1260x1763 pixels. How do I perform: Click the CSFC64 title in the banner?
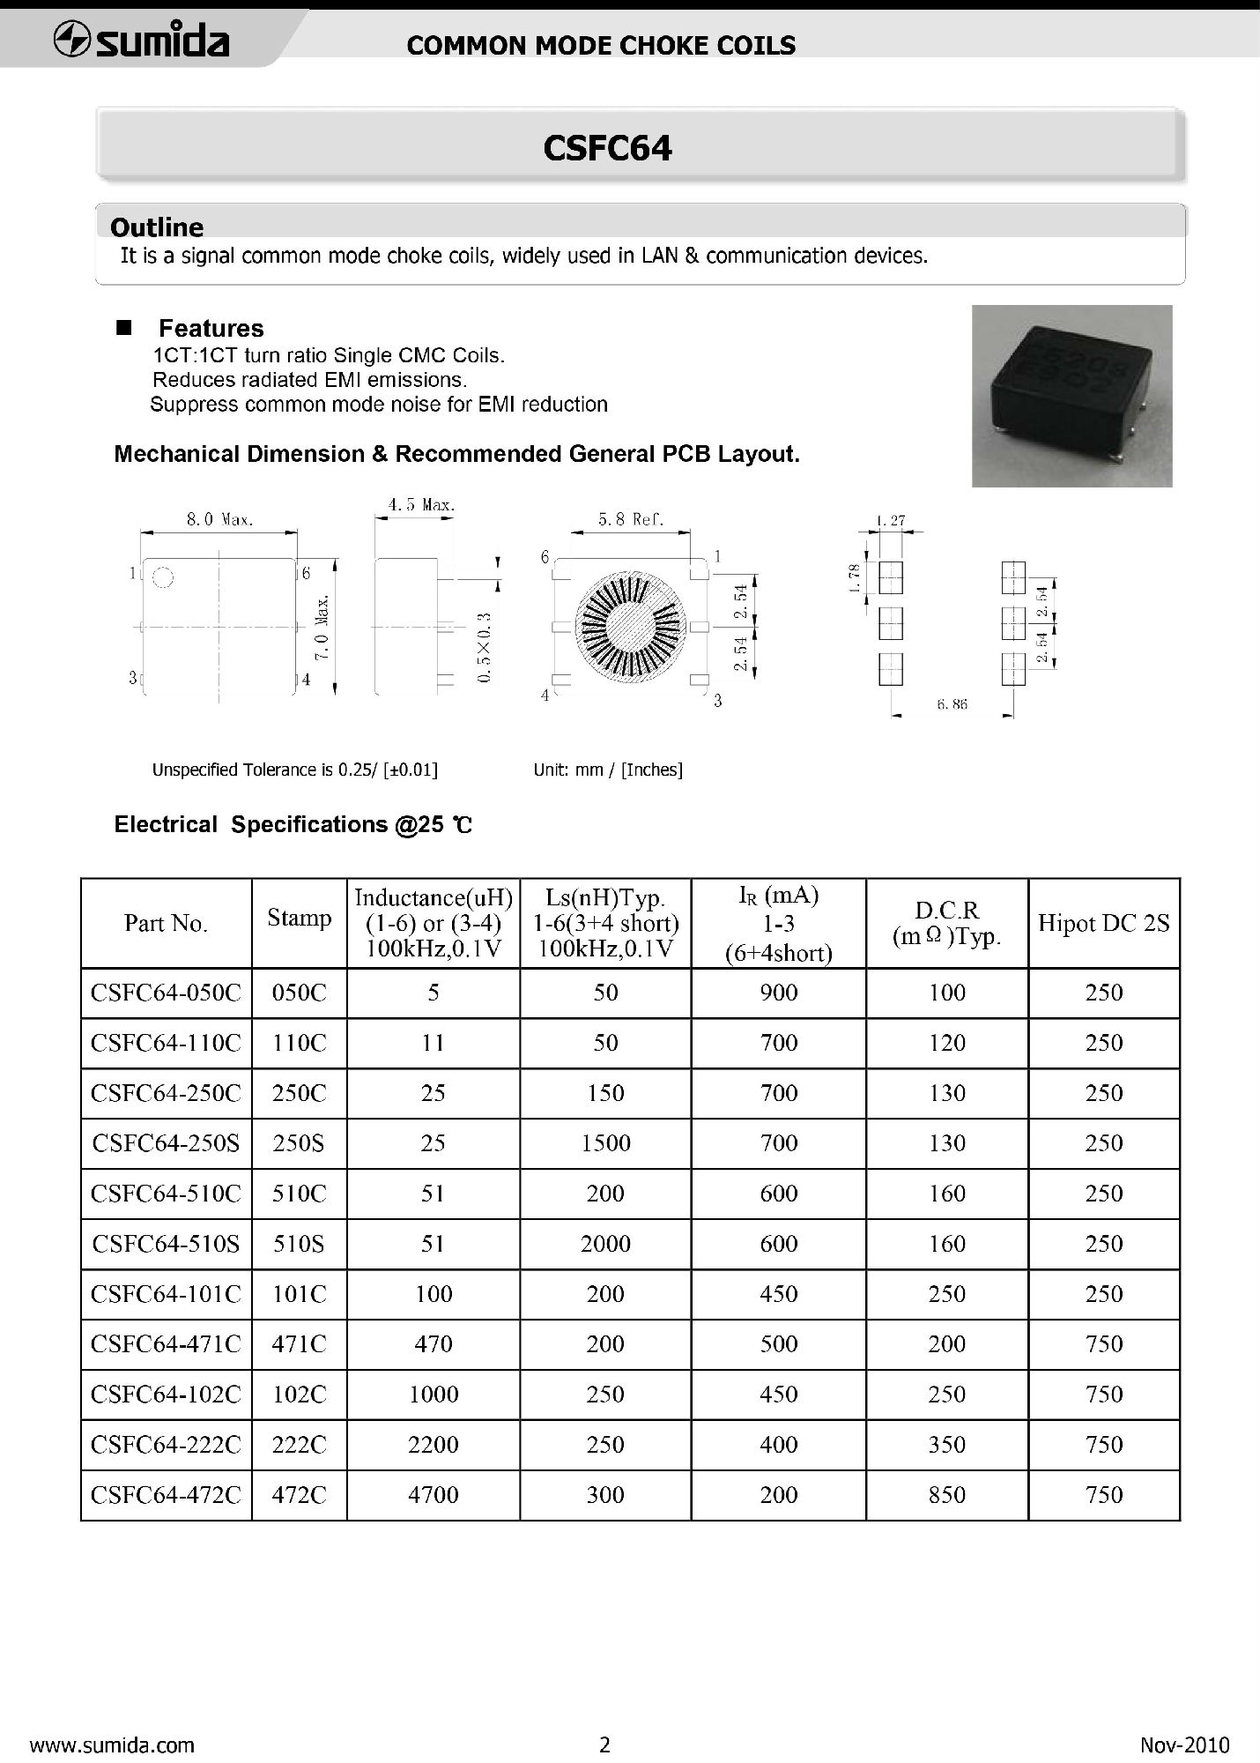(x=607, y=148)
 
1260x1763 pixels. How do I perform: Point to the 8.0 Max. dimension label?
(x=219, y=520)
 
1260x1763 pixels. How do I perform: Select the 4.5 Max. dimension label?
(x=421, y=505)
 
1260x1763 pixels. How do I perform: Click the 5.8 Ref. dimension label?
(x=630, y=520)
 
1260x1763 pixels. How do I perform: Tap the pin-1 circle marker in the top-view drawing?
(x=163, y=578)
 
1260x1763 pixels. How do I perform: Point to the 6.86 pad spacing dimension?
(x=952, y=704)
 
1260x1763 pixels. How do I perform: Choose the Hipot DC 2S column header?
(x=1103, y=923)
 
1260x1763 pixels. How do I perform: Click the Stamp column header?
(x=300, y=919)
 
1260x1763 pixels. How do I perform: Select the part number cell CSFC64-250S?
(x=166, y=1143)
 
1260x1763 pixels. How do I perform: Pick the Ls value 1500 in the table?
(x=605, y=1143)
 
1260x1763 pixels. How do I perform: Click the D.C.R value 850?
(x=946, y=1495)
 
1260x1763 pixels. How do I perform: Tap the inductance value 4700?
(x=433, y=1495)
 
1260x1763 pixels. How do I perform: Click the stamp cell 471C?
(x=300, y=1344)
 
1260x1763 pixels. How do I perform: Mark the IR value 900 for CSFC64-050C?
(x=778, y=993)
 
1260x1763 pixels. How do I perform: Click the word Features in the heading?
(x=211, y=329)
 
